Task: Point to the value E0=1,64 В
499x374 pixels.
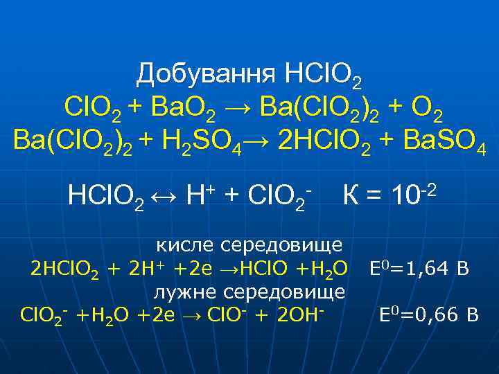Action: tap(420, 268)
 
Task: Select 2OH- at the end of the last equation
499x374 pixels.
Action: tap(300, 315)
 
